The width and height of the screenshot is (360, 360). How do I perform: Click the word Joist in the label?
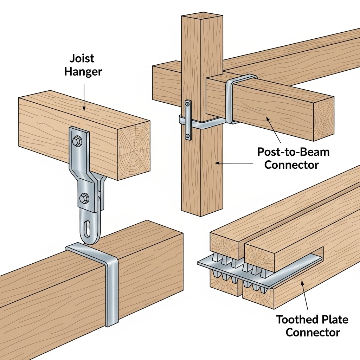tap(82, 59)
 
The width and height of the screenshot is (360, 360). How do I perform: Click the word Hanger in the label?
tap(83, 72)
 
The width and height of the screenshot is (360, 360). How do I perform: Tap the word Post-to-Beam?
tap(293, 152)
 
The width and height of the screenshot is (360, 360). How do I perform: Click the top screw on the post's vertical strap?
tap(188, 104)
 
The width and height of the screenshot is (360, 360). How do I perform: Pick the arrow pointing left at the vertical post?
tap(234, 163)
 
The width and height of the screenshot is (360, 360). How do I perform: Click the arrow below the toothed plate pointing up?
tap(305, 295)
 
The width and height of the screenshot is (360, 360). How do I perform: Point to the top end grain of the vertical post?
tap(202, 17)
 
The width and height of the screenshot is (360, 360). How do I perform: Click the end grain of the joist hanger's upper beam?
tap(134, 150)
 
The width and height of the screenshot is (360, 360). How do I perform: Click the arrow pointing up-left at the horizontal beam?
tap(273, 129)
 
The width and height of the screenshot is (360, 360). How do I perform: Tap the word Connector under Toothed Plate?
tap(313, 333)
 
